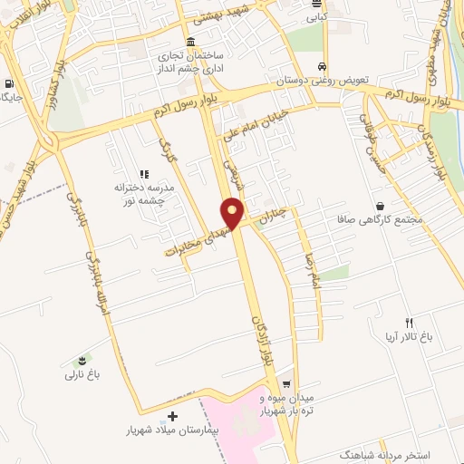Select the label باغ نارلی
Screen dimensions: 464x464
tap(79, 373)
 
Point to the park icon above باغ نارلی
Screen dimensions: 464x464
tap(86, 360)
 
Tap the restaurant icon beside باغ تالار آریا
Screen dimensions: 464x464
tap(409, 324)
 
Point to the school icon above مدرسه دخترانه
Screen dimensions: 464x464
tap(143, 173)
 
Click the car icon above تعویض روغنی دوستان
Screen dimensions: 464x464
tap(323, 67)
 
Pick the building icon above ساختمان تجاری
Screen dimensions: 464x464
tap(189, 43)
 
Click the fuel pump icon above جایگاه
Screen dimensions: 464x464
tap(9, 79)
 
